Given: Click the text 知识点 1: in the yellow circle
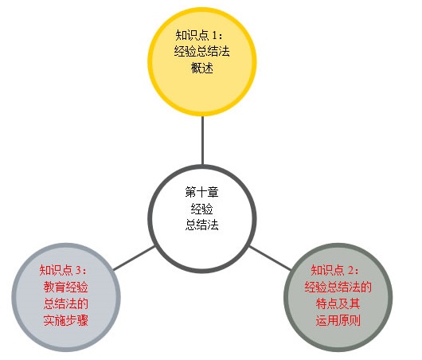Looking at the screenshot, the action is tap(199, 35).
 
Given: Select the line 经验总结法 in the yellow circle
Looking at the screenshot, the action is tap(202, 51).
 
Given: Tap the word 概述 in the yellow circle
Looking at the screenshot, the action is tap(202, 68).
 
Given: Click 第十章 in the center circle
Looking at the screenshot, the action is tap(202, 192).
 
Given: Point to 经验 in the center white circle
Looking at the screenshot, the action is tap(202, 208).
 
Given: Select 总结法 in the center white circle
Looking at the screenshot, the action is tap(202, 225).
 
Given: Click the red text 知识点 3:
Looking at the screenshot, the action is tap(63, 270).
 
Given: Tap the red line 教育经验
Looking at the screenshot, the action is tap(65, 287).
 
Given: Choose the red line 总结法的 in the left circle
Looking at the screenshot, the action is tap(65, 303).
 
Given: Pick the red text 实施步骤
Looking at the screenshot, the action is tap(65, 320).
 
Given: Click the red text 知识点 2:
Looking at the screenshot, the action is tap(334, 270).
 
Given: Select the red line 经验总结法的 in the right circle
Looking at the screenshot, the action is tap(338, 287).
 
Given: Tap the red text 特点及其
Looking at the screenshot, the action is tap(338, 303).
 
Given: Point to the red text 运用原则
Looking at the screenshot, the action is tap(338, 320).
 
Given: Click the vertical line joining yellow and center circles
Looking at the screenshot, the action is tap(202, 140).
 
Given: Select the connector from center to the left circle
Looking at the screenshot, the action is tap(134, 258).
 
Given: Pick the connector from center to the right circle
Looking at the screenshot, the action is tap(270, 258).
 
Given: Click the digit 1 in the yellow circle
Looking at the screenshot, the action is tap(214, 36).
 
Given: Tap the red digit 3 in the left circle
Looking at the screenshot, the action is tap(79, 270).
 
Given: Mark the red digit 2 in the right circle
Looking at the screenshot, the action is tap(350, 270).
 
